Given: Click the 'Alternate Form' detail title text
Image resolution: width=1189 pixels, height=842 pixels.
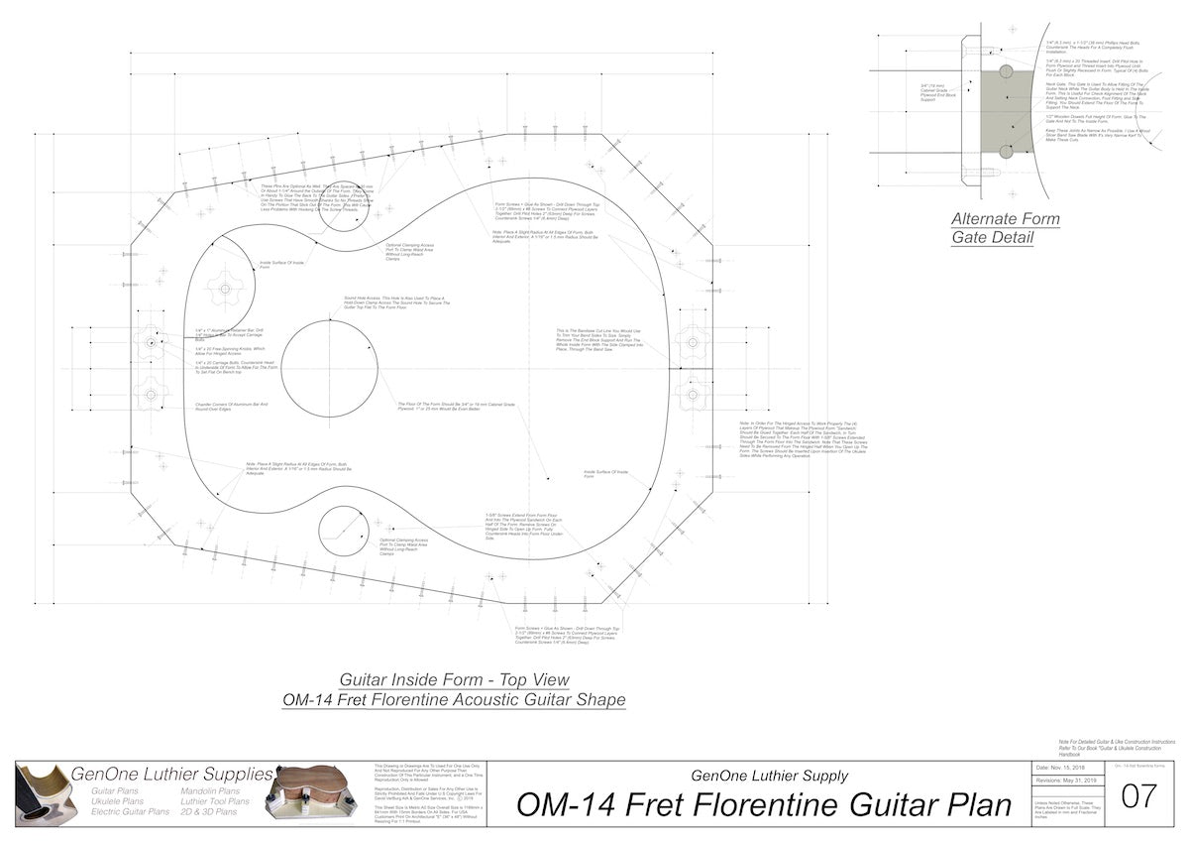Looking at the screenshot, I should click(x=1005, y=219).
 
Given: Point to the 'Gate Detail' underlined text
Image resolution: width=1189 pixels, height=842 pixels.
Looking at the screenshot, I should click(x=994, y=237).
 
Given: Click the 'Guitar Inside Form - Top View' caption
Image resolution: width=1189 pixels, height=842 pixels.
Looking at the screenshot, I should click(x=454, y=680).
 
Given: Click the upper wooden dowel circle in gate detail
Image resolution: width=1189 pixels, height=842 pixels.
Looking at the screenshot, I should click(x=1007, y=71).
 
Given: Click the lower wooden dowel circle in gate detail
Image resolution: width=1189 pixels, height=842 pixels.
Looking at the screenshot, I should click(x=1007, y=151).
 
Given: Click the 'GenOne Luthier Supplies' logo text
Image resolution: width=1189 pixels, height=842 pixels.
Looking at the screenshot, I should click(x=171, y=774).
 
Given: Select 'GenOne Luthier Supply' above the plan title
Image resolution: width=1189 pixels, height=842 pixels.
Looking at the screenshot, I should click(x=769, y=776).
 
